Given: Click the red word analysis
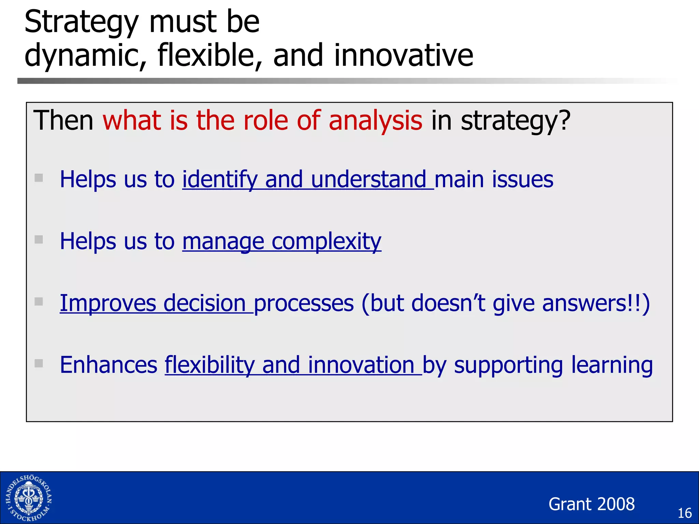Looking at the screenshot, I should pyautogui.click(x=375, y=120).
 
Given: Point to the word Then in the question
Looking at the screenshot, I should pyautogui.click(x=63, y=120).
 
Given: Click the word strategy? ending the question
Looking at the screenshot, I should pyautogui.click(x=515, y=121).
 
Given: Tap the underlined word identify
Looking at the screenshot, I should pyautogui.click(x=220, y=180).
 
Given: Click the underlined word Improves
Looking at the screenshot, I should pyautogui.click(x=108, y=303).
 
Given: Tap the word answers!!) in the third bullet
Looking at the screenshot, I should pyautogui.click(x=596, y=303).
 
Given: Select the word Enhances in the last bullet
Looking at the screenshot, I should pyautogui.click(x=109, y=365).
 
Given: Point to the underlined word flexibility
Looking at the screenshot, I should pyautogui.click(x=210, y=365).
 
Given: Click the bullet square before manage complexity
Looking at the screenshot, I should pyautogui.click(x=39, y=239).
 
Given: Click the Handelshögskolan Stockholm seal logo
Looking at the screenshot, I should pyautogui.click(x=29, y=498).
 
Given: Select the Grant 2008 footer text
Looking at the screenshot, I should pyautogui.click(x=591, y=504).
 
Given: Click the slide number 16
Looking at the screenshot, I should pyautogui.click(x=684, y=513).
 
